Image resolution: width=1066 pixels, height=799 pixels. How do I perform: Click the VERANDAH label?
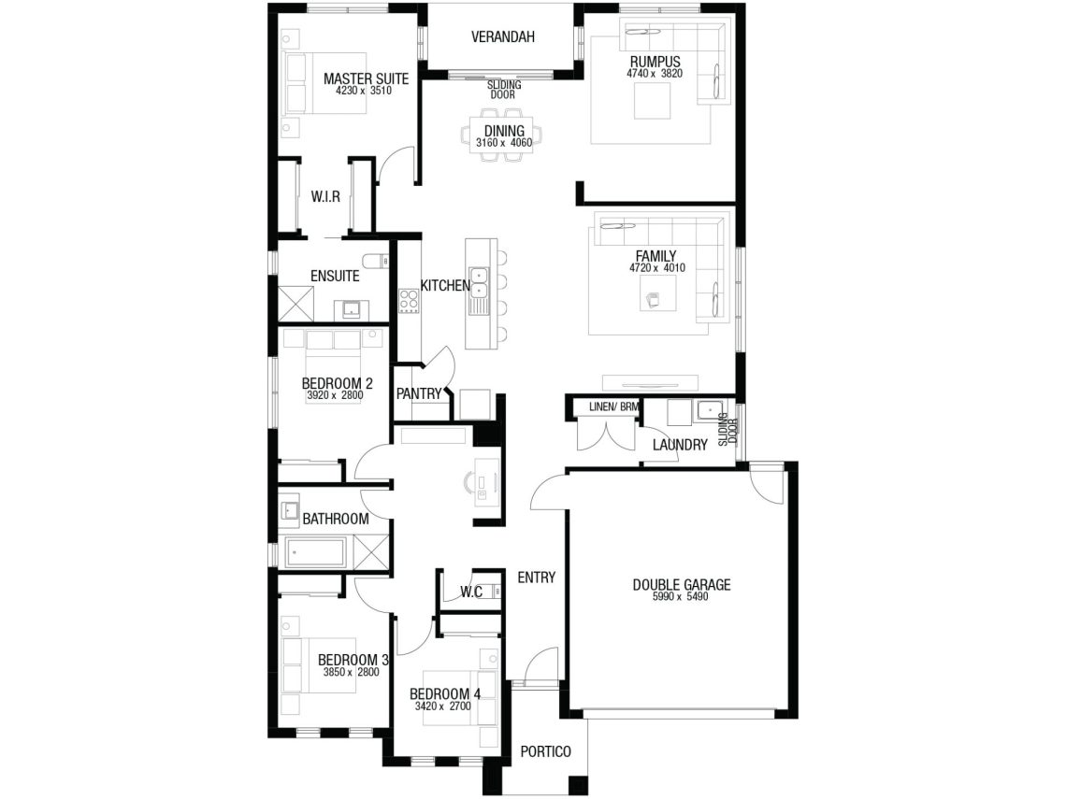(x=502, y=36)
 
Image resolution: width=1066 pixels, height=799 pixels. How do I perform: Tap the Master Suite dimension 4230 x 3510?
(x=364, y=91)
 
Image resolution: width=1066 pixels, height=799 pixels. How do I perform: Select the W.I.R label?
(x=325, y=197)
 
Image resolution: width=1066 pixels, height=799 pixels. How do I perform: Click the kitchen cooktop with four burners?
(x=409, y=300)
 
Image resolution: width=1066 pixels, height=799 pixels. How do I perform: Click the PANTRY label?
(x=419, y=393)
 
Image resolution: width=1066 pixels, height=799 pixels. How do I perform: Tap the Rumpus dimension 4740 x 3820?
(x=655, y=74)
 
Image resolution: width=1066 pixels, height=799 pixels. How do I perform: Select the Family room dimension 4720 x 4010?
(x=656, y=267)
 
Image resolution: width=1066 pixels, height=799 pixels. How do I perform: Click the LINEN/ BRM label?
(x=614, y=407)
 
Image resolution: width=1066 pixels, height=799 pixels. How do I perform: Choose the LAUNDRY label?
(x=680, y=445)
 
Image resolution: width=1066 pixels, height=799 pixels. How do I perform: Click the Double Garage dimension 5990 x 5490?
(x=681, y=596)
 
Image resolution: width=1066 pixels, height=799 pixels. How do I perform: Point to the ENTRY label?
(x=537, y=578)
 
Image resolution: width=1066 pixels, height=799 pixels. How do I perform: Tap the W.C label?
(x=471, y=592)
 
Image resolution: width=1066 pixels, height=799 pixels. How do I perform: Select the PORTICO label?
(x=545, y=751)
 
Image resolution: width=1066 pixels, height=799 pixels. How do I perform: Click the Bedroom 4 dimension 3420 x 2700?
(x=442, y=706)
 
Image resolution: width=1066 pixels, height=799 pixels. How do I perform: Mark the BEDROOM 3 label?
(x=353, y=660)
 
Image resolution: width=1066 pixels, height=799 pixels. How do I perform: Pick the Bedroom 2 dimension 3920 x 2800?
(x=335, y=394)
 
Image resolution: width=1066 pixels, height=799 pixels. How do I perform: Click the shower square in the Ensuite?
(x=296, y=304)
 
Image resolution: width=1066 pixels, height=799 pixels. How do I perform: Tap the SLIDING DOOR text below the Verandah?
(x=504, y=90)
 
